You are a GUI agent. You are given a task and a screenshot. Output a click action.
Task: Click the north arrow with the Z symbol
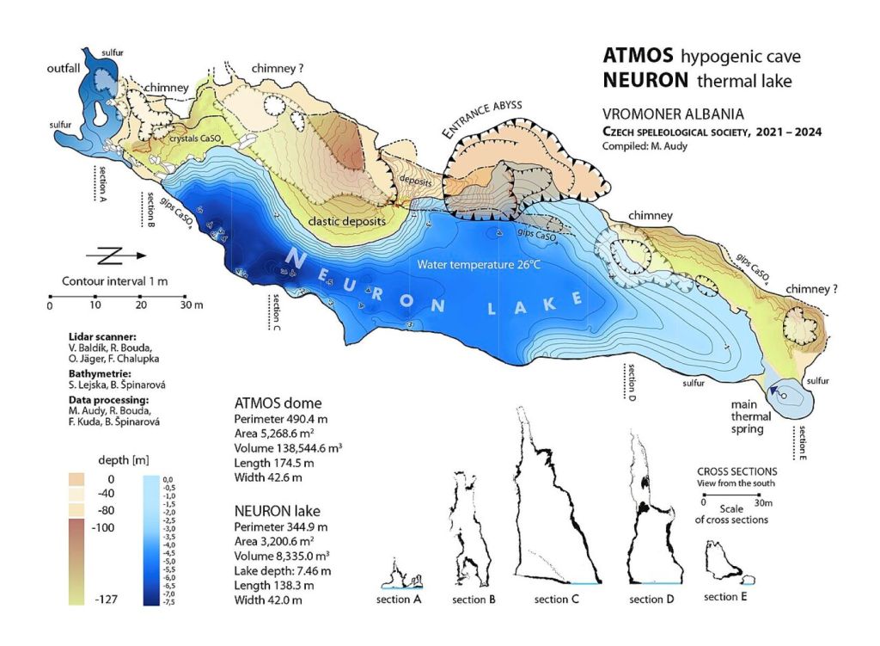pyautogui.click(x=115, y=255)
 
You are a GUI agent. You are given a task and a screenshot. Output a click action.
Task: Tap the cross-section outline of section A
pyautogui.click(x=403, y=573)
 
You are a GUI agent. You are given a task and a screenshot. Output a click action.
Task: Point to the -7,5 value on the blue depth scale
pyautogui.click(x=168, y=601)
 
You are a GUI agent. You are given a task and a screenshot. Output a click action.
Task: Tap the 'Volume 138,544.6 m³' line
pyautogui.click(x=288, y=448)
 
